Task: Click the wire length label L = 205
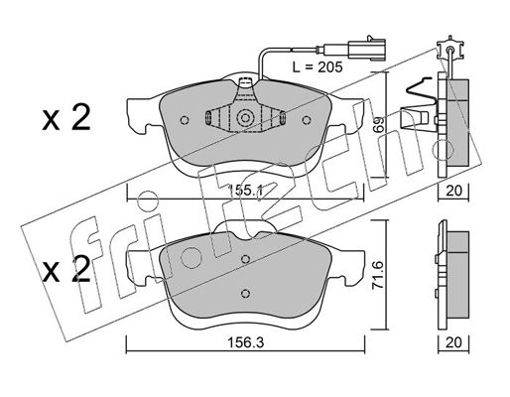point(318,67)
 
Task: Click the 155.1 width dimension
point(245,191)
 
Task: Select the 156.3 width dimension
point(245,342)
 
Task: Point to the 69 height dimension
point(379,124)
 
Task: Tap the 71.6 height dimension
point(379,275)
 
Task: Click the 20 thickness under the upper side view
point(453,191)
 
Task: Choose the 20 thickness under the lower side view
point(453,342)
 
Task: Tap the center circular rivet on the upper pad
point(245,118)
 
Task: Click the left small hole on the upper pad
point(185,120)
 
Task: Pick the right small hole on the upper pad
point(307,120)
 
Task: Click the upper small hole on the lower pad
point(245,259)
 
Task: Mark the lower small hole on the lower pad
point(245,293)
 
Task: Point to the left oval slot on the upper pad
point(208,118)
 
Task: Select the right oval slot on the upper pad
point(283,118)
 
